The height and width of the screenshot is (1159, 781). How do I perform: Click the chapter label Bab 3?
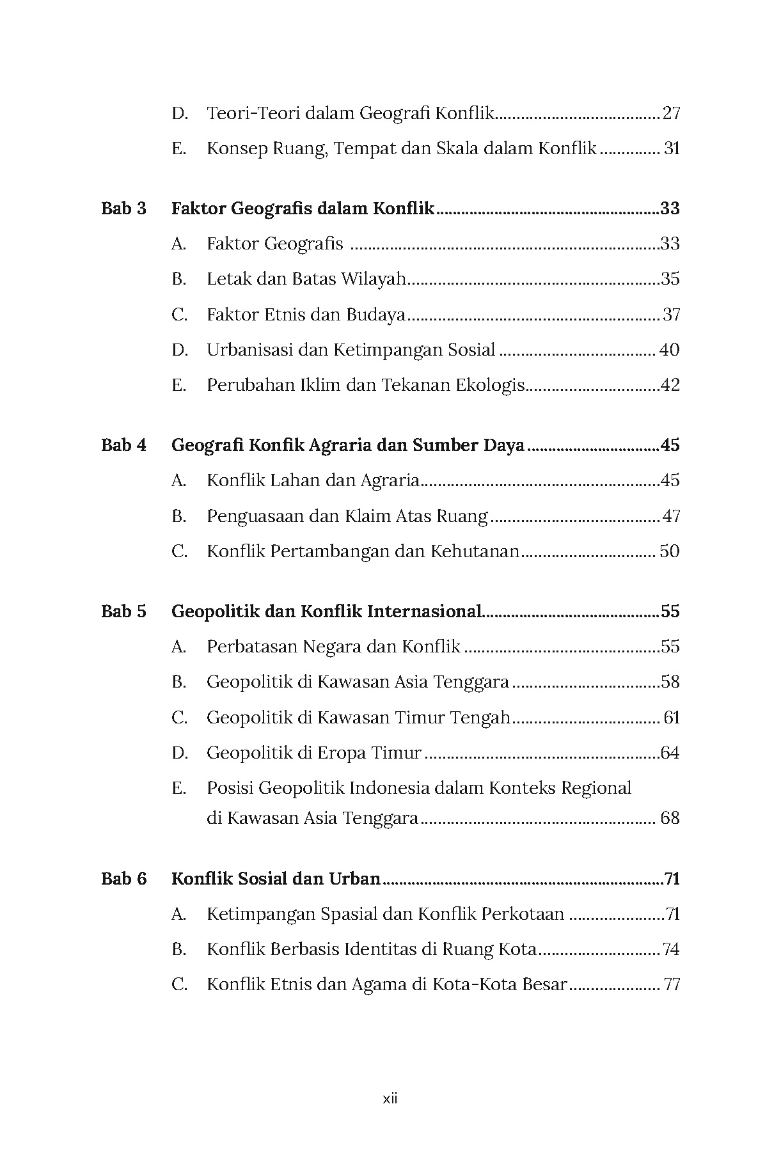[123, 209]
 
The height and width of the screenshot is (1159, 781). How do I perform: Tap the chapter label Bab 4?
[123, 445]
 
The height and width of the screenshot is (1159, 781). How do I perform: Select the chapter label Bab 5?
[123, 611]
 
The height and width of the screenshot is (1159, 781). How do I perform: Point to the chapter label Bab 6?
[123, 879]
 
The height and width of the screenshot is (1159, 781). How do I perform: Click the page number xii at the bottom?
[390, 1099]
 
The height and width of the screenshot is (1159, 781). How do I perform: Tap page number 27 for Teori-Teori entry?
[671, 114]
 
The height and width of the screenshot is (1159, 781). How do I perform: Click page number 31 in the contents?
[672, 149]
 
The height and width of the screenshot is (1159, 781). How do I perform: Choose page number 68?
[670, 818]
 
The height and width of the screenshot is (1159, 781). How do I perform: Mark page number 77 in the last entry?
[672, 984]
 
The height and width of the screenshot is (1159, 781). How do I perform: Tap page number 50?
[669, 551]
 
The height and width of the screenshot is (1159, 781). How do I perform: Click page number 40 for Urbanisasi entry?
[669, 350]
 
